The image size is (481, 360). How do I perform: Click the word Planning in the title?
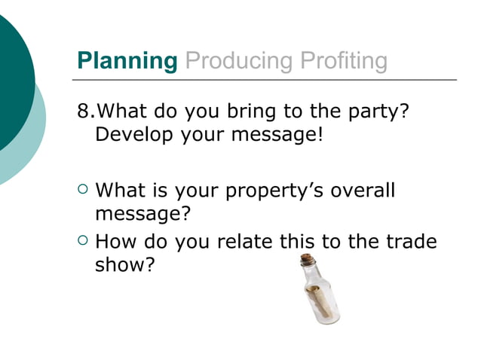coord(127,61)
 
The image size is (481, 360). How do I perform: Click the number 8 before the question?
coord(82,112)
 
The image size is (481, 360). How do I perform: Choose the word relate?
coord(247,242)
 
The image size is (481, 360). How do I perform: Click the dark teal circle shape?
coord(11,83)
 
